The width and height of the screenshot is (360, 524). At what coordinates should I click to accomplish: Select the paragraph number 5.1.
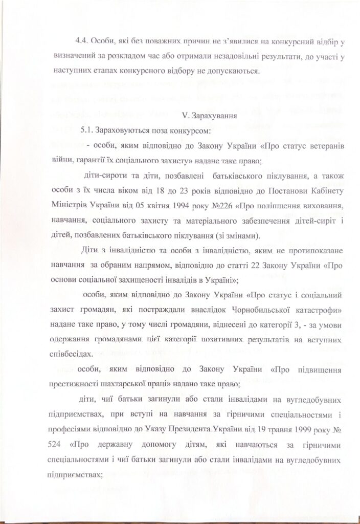87,130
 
